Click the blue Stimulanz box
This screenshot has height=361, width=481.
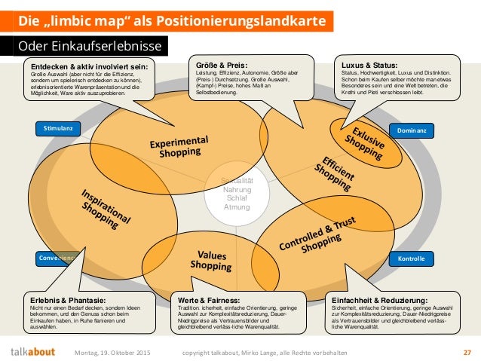coord(58,129)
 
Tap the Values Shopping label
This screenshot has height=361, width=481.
coord(211,260)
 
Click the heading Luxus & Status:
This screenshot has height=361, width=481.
coord(369,66)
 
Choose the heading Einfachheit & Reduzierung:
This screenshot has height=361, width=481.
coord(384,299)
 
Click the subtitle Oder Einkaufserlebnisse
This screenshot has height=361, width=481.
coord(87,46)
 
